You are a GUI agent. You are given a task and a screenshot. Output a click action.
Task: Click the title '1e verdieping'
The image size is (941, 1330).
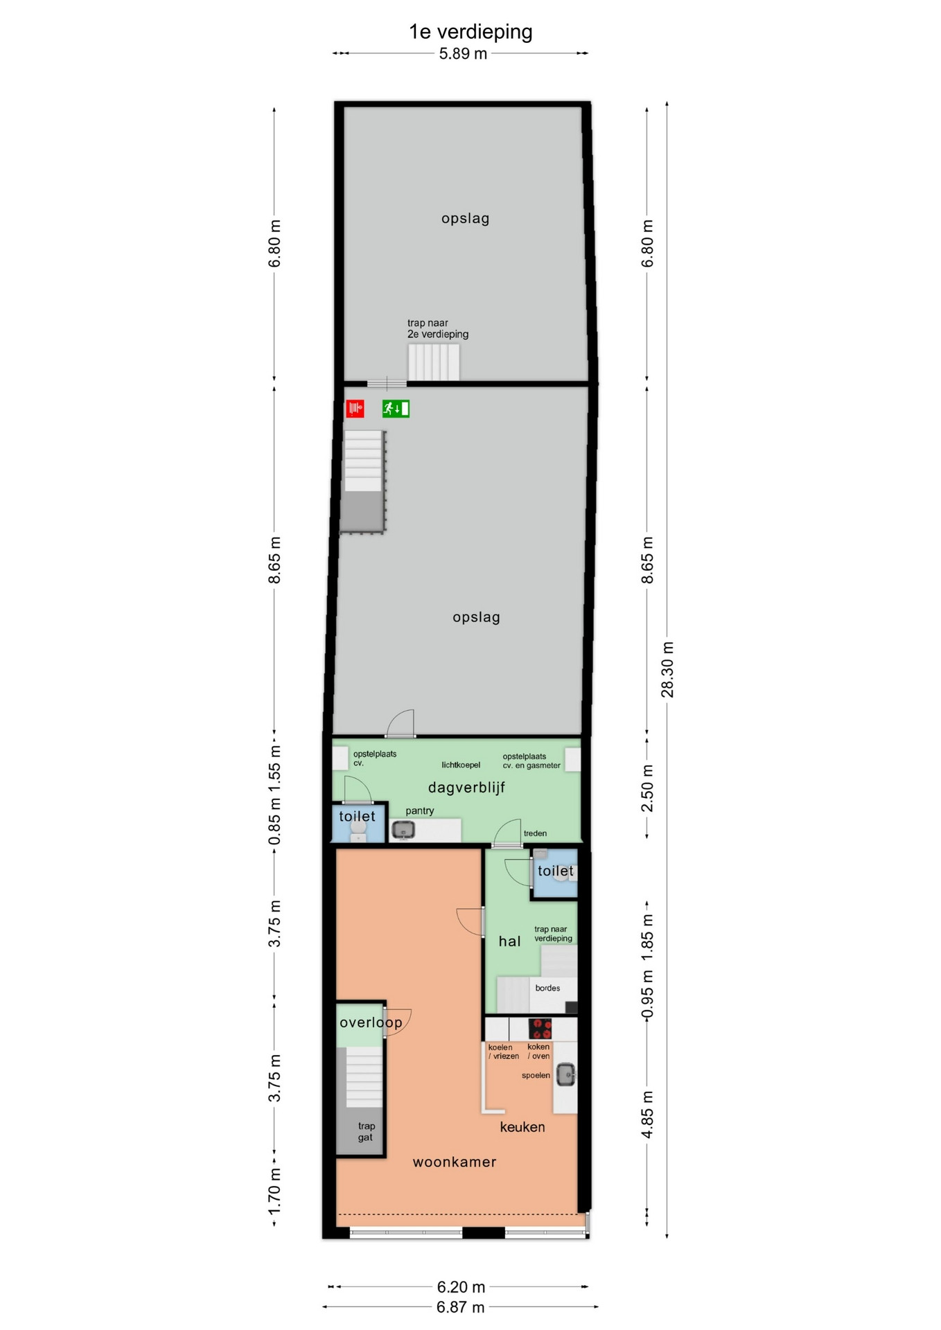click(x=470, y=32)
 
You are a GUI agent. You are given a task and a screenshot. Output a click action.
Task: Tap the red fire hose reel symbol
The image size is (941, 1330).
click(x=355, y=409)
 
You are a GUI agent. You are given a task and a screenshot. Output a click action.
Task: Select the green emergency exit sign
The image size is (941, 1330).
click(x=396, y=409)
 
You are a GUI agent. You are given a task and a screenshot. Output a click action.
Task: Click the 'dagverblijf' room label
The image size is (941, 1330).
click(x=466, y=788)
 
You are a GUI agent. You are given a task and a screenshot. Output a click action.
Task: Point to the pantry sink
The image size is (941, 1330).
click(x=403, y=829)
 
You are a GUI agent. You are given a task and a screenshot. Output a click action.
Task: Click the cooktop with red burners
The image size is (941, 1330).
click(x=540, y=1028)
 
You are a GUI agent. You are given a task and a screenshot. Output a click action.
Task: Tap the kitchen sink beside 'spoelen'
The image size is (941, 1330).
click(x=566, y=1074)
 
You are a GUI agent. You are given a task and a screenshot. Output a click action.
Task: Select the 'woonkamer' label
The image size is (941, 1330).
click(x=455, y=1162)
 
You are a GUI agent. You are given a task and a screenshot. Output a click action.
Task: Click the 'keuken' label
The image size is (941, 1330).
click(x=522, y=1127)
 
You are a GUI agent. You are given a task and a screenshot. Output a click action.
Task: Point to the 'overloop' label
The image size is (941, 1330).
click(x=371, y=1022)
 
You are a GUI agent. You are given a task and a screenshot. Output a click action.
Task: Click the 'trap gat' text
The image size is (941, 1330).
click(x=366, y=1131)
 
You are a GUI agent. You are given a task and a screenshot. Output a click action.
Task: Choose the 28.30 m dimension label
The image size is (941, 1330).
click(x=667, y=669)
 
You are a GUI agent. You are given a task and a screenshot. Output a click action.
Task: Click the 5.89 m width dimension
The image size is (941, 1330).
click(x=463, y=54)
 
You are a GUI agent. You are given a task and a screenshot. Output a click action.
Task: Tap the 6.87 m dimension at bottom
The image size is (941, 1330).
click(x=460, y=1307)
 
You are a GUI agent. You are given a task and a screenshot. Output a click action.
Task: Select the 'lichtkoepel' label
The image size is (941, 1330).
click(x=461, y=765)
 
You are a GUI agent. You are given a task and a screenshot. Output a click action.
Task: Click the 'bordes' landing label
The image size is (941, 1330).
click(x=547, y=988)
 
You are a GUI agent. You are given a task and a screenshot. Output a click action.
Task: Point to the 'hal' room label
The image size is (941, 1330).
click(x=509, y=941)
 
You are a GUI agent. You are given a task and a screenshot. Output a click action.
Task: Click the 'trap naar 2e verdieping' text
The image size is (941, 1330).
click(x=438, y=328)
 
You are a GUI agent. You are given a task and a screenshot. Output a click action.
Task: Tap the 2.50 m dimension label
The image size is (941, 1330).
click(x=647, y=788)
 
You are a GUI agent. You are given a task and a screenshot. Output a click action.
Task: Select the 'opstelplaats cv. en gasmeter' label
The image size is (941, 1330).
click(x=531, y=761)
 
